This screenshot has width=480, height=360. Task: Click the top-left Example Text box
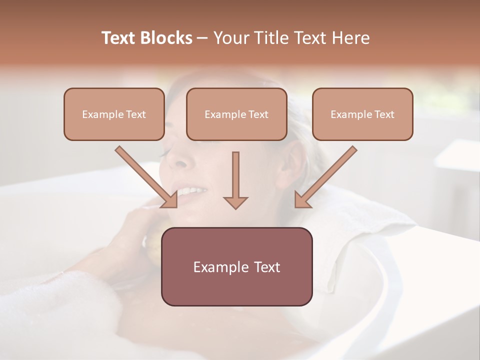(x=114, y=114)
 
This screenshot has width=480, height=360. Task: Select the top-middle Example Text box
(x=236, y=114)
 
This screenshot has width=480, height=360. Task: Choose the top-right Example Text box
(x=362, y=114)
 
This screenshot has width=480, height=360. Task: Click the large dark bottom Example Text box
(x=236, y=266)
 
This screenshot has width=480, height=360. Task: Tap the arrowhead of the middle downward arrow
(x=235, y=202)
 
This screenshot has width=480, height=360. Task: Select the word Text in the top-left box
(x=135, y=114)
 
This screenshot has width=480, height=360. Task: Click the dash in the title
(x=202, y=38)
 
